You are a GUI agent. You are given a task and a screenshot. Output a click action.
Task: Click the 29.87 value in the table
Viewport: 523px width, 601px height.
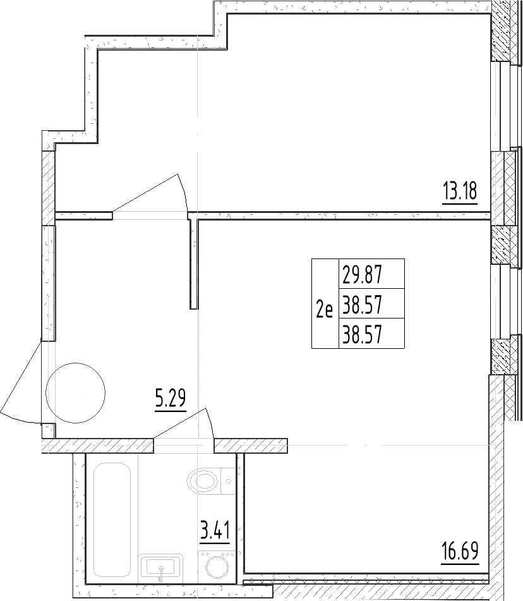click(362, 275)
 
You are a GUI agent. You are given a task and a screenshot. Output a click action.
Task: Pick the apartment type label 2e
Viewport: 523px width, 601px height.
click(324, 309)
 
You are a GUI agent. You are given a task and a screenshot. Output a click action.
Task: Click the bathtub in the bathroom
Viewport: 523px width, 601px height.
click(112, 499)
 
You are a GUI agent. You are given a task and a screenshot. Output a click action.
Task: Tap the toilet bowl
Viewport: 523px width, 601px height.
click(203, 483)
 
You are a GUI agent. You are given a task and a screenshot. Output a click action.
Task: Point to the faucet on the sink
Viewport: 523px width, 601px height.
click(161, 573)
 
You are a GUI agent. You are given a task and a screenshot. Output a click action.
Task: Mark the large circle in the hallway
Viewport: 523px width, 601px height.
click(76, 391)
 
